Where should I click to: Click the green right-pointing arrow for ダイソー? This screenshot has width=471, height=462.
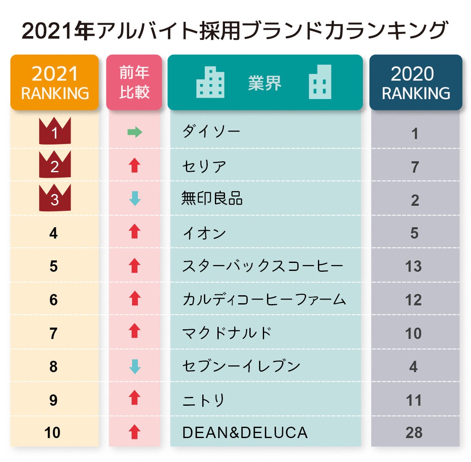[135, 133]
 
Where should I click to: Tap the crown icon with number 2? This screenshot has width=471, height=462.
[55, 165]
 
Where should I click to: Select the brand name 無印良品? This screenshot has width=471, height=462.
[212, 198]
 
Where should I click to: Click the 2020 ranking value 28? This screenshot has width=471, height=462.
[414, 433]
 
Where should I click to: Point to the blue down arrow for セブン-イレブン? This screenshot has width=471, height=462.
[135, 367]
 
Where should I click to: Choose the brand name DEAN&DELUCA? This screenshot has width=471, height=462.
[245, 433]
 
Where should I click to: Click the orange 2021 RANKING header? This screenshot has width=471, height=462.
[55, 83]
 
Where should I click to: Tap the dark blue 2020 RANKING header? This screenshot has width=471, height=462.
[415, 83]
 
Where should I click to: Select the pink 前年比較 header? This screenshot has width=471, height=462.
[134, 83]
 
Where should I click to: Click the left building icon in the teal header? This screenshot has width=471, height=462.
[210, 82]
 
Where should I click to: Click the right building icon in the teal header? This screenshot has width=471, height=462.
[320, 82]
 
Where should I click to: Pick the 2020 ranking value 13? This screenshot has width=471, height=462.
[413, 266]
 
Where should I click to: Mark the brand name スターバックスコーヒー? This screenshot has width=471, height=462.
[262, 266]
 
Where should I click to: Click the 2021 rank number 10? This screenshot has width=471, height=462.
[53, 433]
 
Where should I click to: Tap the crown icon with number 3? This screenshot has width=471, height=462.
[55, 198]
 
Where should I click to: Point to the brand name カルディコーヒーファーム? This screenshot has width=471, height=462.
[264, 299]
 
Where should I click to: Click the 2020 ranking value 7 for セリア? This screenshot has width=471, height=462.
[415, 167]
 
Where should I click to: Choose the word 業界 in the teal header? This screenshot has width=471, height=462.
[265, 83]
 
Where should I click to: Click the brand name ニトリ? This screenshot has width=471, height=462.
[204, 400]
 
